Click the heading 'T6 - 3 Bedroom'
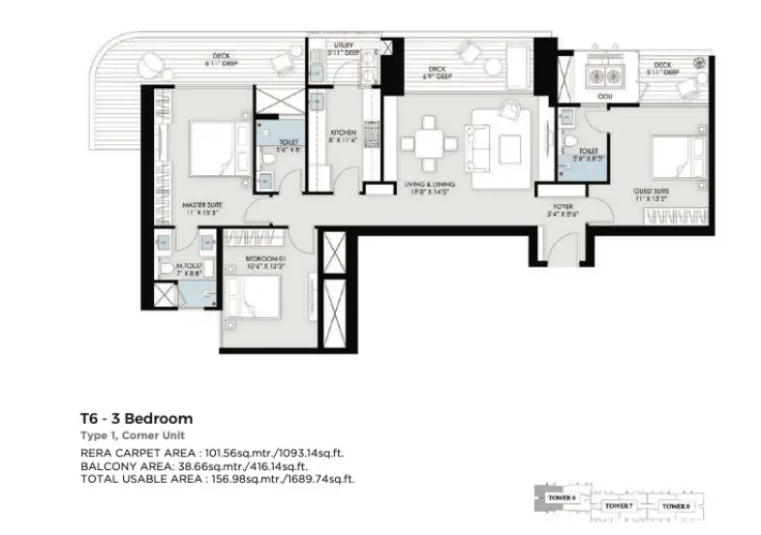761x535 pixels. click(137, 419)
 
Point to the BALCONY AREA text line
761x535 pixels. click(202, 465)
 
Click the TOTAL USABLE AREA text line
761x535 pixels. click(217, 478)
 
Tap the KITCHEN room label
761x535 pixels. click(344, 133)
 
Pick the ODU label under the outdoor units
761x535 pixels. click(606, 95)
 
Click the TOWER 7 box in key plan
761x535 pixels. click(617, 505)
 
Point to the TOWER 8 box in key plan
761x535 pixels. click(675, 505)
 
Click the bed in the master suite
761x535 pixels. click(209, 147)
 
